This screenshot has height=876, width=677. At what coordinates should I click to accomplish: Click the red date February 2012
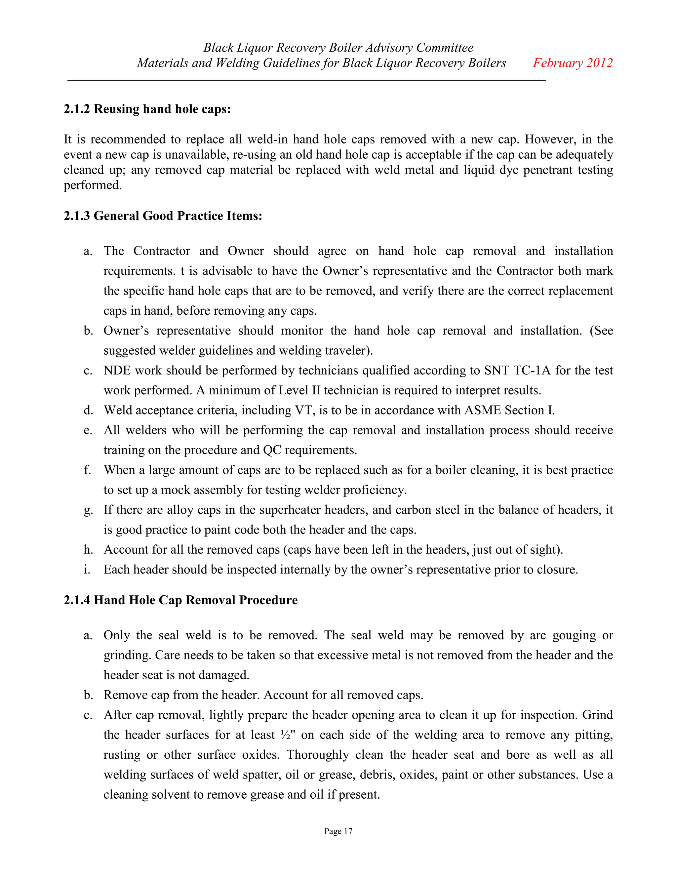click(572, 63)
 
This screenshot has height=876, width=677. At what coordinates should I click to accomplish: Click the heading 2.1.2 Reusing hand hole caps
click(147, 109)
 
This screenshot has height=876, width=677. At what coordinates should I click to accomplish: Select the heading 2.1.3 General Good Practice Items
click(163, 216)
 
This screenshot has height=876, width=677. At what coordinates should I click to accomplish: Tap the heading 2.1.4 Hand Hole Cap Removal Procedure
click(180, 600)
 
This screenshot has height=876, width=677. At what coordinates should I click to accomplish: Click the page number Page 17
click(338, 831)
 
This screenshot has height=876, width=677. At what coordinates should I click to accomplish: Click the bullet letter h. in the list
click(88, 549)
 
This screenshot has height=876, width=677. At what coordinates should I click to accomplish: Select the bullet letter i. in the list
click(87, 570)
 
